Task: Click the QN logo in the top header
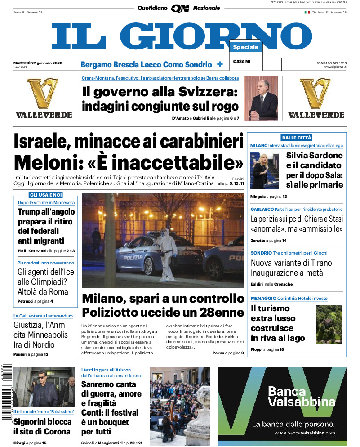[180, 8]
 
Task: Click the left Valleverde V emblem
[44, 94]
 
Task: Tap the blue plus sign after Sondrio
[220, 64]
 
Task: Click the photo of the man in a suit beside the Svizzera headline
[261, 98]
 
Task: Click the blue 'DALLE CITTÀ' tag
[296, 138]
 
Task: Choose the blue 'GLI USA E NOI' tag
[45, 195]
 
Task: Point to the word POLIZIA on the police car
[133, 258]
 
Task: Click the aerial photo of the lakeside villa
[329, 324]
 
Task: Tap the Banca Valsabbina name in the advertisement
[301, 397]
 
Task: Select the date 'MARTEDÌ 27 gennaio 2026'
[38, 63]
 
